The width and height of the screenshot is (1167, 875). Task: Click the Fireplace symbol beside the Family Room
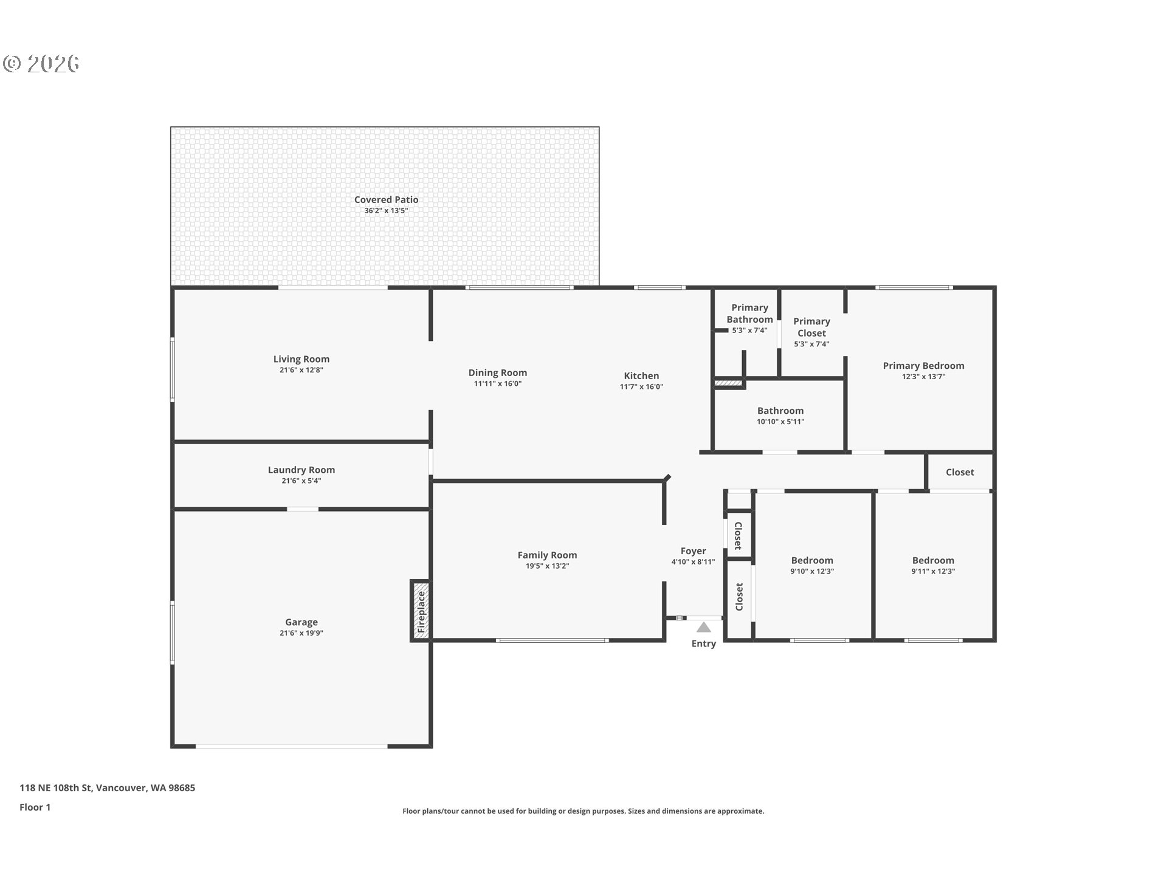point(421,610)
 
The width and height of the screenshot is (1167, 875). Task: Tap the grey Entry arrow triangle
point(703,627)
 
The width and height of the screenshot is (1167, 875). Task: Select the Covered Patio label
point(386,199)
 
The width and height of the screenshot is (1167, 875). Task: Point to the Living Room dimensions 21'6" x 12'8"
point(301,370)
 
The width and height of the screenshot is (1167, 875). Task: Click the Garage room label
point(301,622)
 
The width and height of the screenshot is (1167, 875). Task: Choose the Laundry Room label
point(301,470)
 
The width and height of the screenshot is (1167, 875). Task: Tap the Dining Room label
point(498,373)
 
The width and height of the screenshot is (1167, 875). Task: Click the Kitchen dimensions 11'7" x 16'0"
point(641,387)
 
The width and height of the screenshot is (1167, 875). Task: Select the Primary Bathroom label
point(750,314)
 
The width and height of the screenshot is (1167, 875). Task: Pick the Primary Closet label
point(812,327)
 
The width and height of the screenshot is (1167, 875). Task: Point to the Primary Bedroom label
point(924,366)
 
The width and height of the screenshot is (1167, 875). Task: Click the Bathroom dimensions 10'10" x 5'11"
point(780,422)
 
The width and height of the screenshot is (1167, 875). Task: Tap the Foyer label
point(693,551)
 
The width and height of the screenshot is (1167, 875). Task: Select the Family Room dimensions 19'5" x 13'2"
point(547,566)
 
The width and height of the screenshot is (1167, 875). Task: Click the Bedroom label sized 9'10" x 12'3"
point(812,560)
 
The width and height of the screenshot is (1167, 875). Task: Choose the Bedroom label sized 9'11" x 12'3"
point(933,560)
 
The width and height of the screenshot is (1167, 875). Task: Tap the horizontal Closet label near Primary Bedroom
point(960,472)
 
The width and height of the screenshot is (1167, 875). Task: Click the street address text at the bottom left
point(108,788)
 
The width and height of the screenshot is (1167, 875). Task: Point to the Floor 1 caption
point(35,808)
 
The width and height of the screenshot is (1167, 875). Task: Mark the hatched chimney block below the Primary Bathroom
point(729,383)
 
